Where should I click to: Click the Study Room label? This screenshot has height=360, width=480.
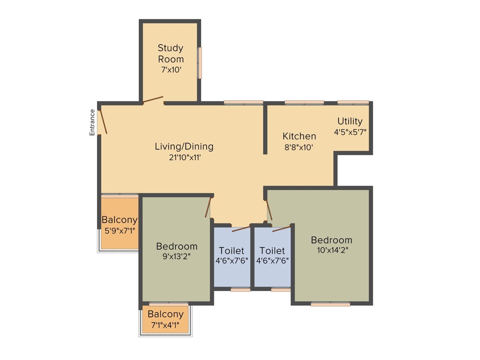(171, 53)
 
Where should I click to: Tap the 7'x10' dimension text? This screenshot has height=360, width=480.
(171, 70)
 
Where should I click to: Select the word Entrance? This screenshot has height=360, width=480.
(92, 122)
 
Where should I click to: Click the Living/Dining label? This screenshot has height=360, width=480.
(184, 146)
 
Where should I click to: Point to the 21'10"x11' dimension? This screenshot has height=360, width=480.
(184, 157)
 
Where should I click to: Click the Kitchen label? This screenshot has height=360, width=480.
(299, 136)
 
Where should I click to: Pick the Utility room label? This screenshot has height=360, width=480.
(350, 121)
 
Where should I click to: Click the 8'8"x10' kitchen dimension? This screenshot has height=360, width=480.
(299, 147)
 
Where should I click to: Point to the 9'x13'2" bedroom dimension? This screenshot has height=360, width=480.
(176, 256)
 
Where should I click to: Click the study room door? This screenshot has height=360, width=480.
(153, 99)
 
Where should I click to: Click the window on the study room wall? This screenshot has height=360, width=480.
(200, 62)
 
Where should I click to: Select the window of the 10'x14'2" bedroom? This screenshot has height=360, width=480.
(330, 304)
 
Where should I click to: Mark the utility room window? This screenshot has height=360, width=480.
(353, 102)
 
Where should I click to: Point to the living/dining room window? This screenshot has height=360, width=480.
(243, 102)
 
